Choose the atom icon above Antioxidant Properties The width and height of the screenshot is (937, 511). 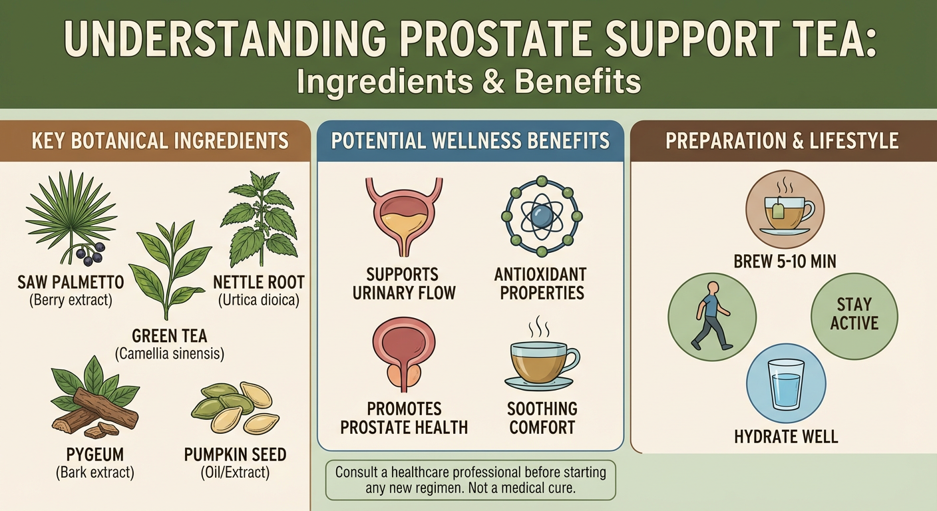pyautogui.click(x=541, y=216)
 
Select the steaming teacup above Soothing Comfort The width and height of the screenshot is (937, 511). pyautogui.click(x=540, y=359)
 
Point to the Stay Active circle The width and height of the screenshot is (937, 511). pyautogui.click(x=854, y=315)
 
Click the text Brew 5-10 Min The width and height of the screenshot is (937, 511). pyautogui.click(x=785, y=261)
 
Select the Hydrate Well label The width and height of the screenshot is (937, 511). pyautogui.click(x=786, y=437)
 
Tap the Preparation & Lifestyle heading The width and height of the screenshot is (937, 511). pyautogui.click(x=782, y=140)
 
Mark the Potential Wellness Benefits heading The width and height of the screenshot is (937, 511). pyautogui.click(x=470, y=140)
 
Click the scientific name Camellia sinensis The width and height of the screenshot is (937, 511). pyautogui.click(x=169, y=354)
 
